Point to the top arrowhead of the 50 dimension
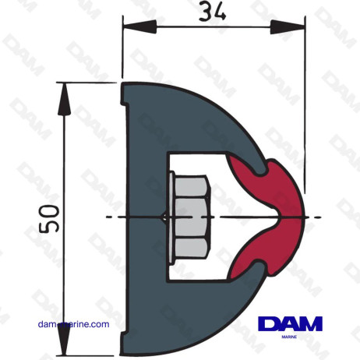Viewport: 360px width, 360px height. point(62,89)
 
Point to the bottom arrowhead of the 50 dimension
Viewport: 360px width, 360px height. point(62,344)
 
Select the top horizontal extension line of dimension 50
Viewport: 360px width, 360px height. point(90,81)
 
